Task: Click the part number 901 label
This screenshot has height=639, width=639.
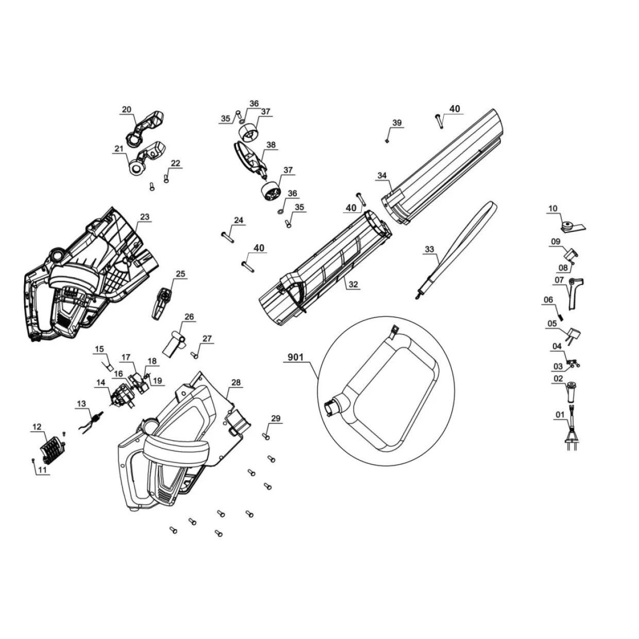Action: (296, 358)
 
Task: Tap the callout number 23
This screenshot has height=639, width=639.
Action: (145, 217)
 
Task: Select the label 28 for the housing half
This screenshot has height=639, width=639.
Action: (236, 382)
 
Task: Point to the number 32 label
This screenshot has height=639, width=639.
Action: (354, 284)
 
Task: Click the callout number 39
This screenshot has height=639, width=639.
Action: (397, 123)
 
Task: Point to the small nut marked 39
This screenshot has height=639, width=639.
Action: (387, 141)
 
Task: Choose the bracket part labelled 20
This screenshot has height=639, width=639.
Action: (145, 128)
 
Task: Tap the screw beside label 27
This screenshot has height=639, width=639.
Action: (195, 355)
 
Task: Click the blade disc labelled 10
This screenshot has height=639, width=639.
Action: (573, 227)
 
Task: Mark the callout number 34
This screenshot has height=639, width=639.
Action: (382, 176)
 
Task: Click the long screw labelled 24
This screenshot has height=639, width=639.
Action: (227, 238)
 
